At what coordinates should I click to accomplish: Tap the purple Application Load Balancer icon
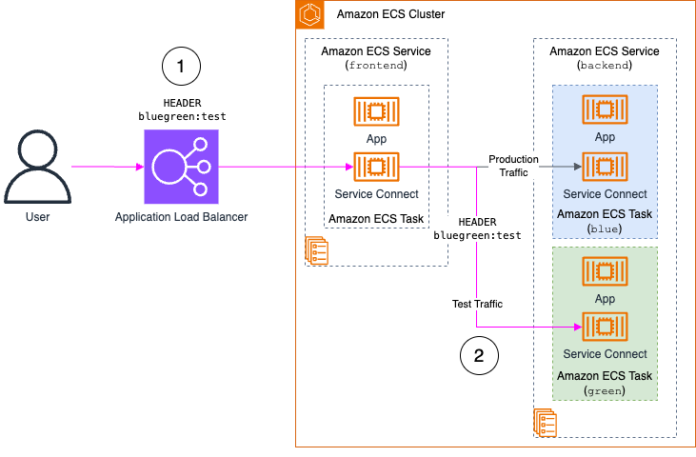pyautogui.click(x=180, y=168)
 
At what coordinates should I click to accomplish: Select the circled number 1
pyautogui.click(x=181, y=68)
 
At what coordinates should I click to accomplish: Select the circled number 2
pyautogui.click(x=479, y=356)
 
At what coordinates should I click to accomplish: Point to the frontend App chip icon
pyautogui.click(x=375, y=111)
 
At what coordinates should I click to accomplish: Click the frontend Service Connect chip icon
pyautogui.click(x=375, y=168)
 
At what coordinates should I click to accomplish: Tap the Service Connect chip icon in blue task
pyautogui.click(x=604, y=168)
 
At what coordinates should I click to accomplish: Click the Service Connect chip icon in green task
pyautogui.click(x=604, y=328)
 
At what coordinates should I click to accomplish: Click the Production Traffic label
pyautogui.click(x=513, y=166)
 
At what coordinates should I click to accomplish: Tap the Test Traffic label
pyautogui.click(x=477, y=304)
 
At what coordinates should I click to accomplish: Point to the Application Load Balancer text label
pyautogui.click(x=181, y=217)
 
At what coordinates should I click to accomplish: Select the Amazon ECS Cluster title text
pyautogui.click(x=390, y=15)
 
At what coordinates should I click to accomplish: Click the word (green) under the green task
pyautogui.click(x=605, y=390)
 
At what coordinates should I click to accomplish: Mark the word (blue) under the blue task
pyautogui.click(x=605, y=228)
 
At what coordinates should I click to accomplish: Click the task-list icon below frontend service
pyautogui.click(x=317, y=250)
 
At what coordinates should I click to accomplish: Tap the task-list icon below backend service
pyautogui.click(x=546, y=422)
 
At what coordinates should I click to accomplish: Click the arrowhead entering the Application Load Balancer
pyautogui.click(x=138, y=168)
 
